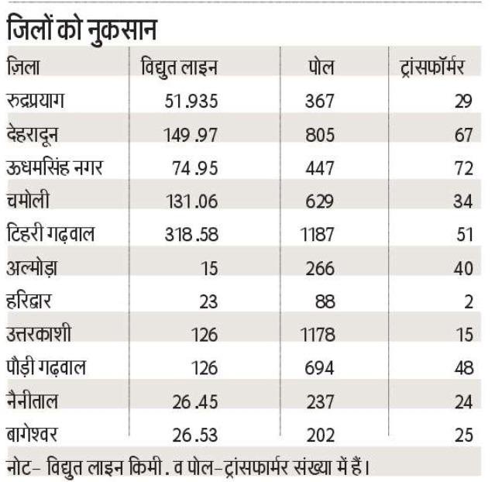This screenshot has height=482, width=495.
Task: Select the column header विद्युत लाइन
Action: click(178, 67)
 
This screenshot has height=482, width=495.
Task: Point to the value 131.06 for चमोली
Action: click(191, 201)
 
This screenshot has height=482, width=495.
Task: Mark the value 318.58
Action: click(190, 235)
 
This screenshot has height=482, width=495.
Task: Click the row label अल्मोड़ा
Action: click(37, 268)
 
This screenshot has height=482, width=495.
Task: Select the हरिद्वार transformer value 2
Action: click(468, 302)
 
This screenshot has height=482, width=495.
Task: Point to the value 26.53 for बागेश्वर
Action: click(194, 435)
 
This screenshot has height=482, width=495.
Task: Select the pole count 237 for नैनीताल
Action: click(319, 401)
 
